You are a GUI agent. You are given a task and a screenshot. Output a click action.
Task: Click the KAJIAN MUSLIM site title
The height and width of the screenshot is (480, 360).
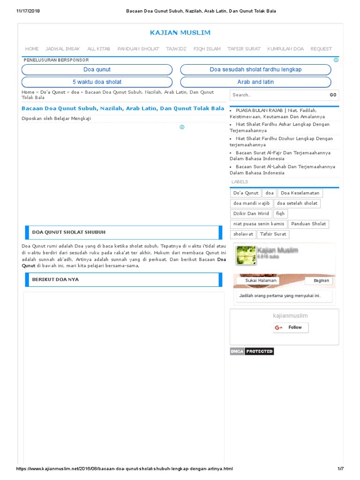[180, 32]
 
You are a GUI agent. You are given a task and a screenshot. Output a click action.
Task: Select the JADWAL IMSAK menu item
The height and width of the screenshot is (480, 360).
[63, 49]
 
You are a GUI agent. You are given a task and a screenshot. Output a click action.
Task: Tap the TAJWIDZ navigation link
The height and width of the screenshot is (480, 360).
[176, 49]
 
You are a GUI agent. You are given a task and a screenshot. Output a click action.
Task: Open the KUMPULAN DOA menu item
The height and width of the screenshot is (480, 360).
[285, 49]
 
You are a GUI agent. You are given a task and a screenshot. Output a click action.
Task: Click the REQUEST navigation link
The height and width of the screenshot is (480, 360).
[321, 49]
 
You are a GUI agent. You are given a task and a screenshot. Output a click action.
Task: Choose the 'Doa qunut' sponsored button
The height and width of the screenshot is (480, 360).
[97, 69]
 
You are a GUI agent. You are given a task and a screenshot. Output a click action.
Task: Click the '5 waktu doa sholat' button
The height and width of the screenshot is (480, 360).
[97, 82]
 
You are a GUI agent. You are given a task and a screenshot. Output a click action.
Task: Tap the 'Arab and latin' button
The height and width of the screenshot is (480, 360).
[255, 82]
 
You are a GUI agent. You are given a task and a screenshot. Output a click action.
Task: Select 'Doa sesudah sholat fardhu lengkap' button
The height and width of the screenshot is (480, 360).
[255, 69]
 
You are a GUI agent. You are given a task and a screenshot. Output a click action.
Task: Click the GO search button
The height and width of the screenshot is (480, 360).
[333, 95]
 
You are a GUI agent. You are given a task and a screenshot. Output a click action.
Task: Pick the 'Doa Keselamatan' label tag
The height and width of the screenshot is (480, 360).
[300, 193]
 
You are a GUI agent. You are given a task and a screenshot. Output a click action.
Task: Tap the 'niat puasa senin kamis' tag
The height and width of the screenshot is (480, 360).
[258, 224]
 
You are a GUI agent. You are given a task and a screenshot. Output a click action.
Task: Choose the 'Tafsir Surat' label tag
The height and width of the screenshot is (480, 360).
[273, 234]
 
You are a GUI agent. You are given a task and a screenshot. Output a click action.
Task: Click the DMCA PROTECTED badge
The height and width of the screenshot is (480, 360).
[252, 351]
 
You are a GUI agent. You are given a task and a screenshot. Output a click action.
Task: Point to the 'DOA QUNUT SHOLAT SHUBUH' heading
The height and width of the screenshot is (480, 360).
[68, 232]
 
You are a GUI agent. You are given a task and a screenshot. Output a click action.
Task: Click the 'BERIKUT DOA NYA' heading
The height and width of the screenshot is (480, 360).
[55, 279]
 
